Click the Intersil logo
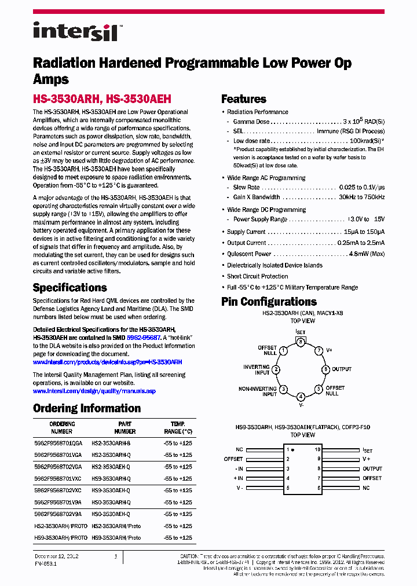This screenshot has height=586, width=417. (75, 31)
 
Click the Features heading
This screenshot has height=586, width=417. (244, 99)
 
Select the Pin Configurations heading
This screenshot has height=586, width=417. (269, 302)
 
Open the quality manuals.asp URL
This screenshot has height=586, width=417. (94, 391)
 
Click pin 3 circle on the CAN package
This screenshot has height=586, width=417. (301, 342)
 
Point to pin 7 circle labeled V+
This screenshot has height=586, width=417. (319, 351)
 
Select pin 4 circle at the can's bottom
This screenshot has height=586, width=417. (301, 397)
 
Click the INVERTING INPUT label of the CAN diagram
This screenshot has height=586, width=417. (256, 370)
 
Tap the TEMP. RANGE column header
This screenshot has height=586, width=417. (178, 427)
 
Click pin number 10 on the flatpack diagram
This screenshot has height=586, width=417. (317, 449)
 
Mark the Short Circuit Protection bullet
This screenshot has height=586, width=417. (257, 276)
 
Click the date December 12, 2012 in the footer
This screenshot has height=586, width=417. (56, 556)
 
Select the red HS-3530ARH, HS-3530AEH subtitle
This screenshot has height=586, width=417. (102, 99)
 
